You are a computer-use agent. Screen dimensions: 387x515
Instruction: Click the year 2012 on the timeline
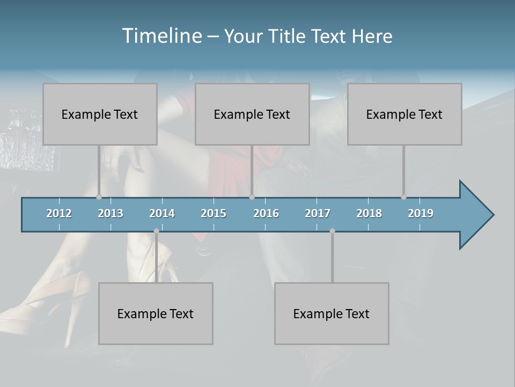59,213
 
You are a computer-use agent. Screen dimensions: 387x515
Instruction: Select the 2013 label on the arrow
111,213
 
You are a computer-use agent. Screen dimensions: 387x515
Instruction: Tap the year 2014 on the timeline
162,213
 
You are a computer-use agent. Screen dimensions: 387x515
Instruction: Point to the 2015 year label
214,213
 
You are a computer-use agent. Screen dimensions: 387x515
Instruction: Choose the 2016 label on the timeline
266,213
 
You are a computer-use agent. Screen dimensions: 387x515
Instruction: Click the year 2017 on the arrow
318,213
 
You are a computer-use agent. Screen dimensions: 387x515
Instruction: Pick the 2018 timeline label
369,213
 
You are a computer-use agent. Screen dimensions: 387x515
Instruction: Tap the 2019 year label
421,213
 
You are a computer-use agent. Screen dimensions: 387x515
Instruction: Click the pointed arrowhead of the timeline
477,215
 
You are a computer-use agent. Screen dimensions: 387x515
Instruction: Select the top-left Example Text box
100,114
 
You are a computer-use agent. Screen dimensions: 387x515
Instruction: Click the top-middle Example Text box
252,114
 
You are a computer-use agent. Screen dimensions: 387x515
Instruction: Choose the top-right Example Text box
404,114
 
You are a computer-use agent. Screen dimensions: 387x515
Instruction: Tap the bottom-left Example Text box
156,314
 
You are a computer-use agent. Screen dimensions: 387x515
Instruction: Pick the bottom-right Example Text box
332,314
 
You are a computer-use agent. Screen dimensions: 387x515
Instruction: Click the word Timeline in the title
161,36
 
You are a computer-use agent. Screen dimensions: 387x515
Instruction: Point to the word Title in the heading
289,36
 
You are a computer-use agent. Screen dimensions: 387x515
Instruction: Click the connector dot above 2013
99,197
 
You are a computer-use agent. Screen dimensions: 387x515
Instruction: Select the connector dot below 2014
156,231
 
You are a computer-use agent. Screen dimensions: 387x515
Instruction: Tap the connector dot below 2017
332,231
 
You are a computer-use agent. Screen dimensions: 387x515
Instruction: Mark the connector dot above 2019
403,197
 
